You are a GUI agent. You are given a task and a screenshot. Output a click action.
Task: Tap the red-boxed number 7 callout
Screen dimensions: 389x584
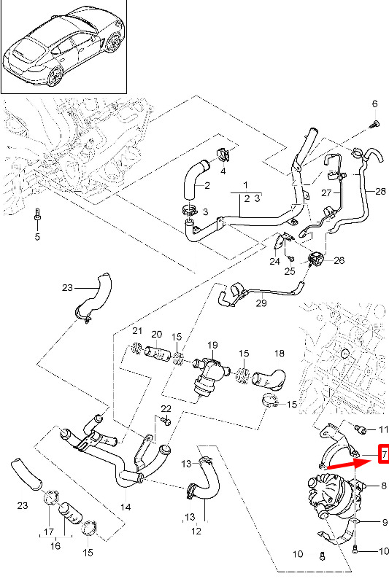pyautogui.click(x=384, y=454)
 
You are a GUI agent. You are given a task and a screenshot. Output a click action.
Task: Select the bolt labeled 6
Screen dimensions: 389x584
pyautogui.click(x=374, y=124)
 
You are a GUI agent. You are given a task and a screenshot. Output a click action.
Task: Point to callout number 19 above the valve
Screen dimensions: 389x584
pyautogui.click(x=212, y=345)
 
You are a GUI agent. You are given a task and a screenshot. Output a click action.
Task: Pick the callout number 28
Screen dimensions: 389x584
pyautogui.click(x=380, y=191)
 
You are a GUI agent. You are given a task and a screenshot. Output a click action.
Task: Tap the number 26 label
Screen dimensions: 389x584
pyautogui.click(x=339, y=260)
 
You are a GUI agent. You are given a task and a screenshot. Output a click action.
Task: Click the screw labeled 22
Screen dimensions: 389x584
pyautogui.click(x=166, y=421)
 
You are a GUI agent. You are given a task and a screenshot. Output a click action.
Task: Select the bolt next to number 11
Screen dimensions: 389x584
pyautogui.click(x=361, y=429)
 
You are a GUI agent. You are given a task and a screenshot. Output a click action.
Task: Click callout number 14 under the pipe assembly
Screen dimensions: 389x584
pyautogui.click(x=126, y=507)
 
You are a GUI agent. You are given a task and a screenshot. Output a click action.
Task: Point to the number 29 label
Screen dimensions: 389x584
pyautogui.click(x=261, y=303)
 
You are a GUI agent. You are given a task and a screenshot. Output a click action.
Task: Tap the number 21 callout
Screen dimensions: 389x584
pyautogui.click(x=137, y=330)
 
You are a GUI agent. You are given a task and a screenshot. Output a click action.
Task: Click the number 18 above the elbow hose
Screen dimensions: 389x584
pyautogui.click(x=279, y=353)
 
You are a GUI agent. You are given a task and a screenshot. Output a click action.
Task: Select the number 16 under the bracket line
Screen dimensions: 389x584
pyautogui.click(x=55, y=545)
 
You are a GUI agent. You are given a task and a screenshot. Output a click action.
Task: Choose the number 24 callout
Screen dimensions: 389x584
pyautogui.click(x=274, y=261)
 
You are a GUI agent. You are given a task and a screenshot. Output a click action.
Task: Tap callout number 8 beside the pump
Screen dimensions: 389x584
pyautogui.click(x=384, y=486)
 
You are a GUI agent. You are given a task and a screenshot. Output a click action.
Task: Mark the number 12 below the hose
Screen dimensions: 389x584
pyautogui.click(x=196, y=530)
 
